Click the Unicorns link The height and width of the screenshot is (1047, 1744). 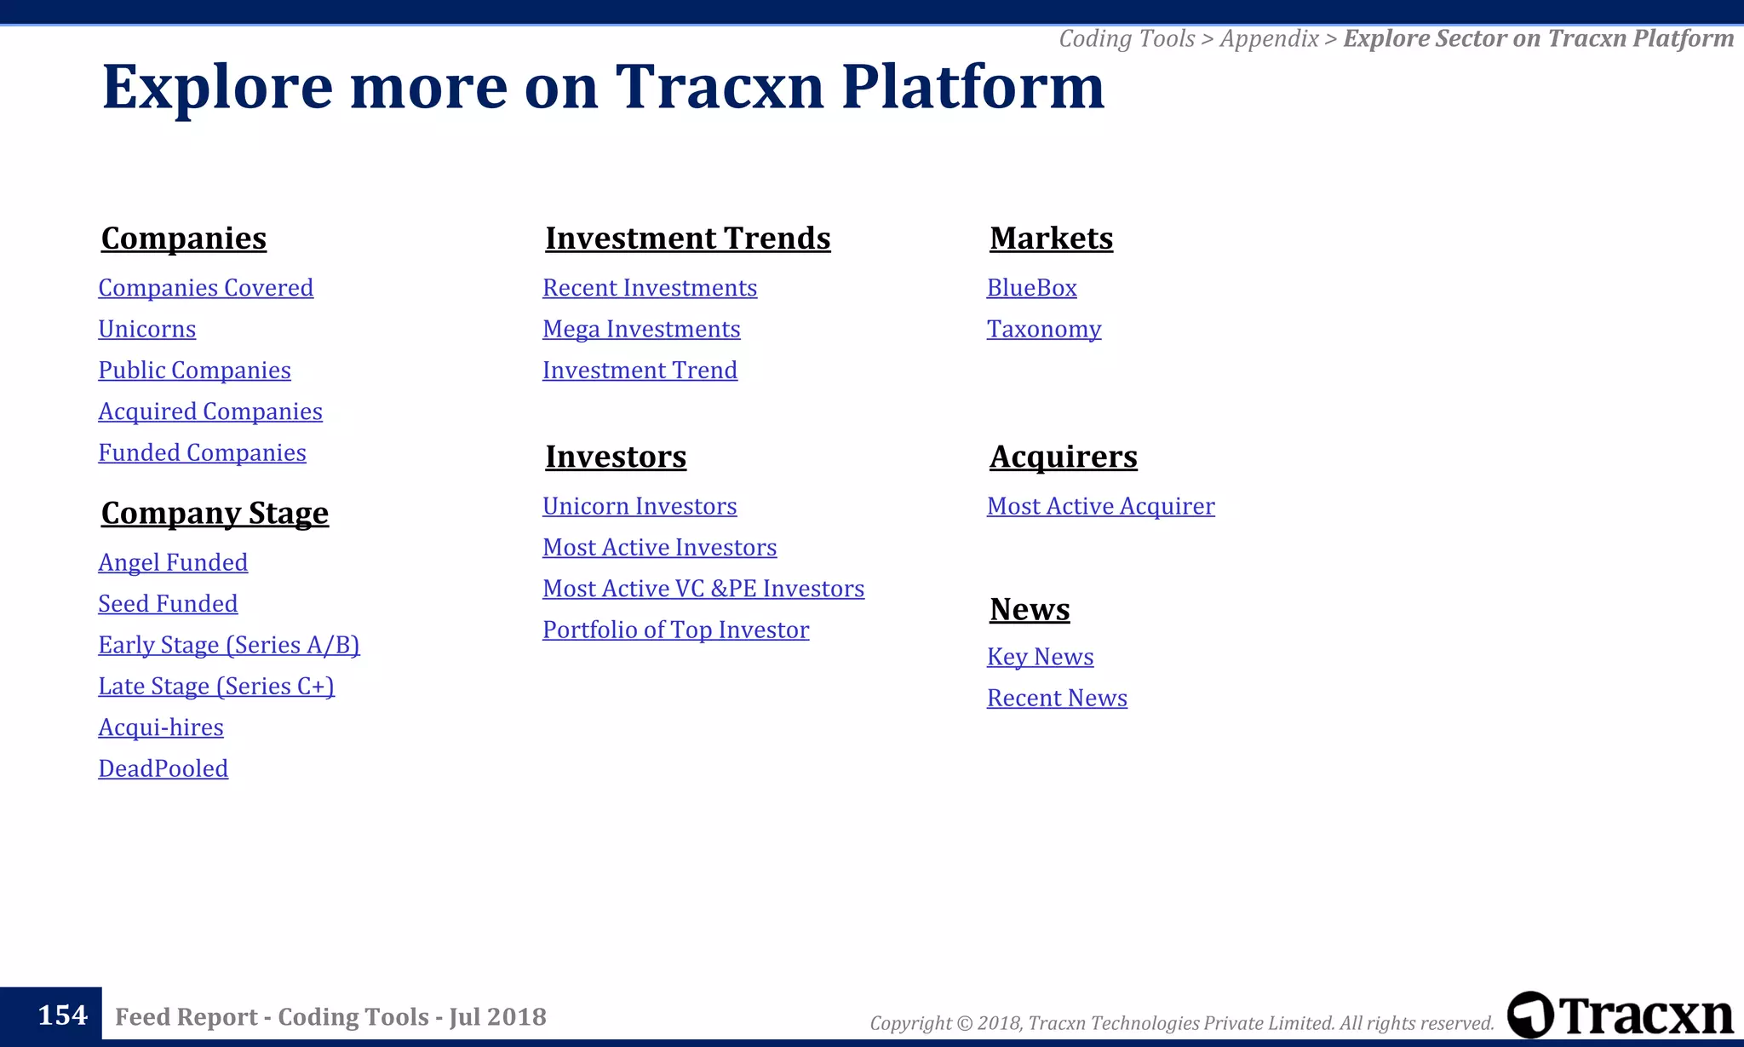tap(146, 329)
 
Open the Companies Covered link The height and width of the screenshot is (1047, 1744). tap(205, 288)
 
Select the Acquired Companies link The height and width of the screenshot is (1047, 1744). tap(209, 411)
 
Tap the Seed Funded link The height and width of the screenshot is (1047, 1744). tap(168, 604)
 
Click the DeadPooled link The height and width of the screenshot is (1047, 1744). tap(163, 768)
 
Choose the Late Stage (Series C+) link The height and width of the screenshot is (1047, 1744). tap(216, 687)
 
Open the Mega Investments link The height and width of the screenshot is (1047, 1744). tap(641, 329)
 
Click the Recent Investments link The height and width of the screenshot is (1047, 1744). tap(649, 288)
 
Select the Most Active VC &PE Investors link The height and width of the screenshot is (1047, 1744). tap(703, 589)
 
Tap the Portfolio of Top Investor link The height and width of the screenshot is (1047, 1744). tap(675, 630)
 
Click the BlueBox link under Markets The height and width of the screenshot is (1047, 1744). tap(1031, 288)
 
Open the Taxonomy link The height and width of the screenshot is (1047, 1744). tap(1043, 329)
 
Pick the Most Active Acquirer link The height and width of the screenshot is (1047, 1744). tap(1100, 506)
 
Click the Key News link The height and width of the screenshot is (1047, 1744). tap(1040, 657)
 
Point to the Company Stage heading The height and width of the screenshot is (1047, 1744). tap(215, 513)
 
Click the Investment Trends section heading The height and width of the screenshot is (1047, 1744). tap(687, 239)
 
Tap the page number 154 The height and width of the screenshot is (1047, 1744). tap(62, 1015)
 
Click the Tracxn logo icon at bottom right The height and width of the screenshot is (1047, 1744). tap(1530, 1015)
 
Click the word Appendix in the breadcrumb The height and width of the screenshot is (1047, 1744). tap(1269, 38)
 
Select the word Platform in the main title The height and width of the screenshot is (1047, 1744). tap(972, 87)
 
